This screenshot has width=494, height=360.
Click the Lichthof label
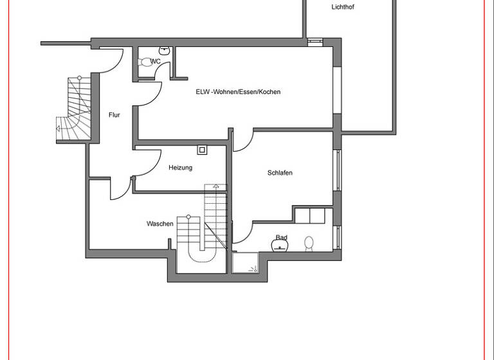[342, 8]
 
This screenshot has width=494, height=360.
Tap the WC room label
[155, 62]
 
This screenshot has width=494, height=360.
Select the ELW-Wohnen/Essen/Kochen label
[238, 92]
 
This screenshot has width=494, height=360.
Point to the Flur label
[114, 115]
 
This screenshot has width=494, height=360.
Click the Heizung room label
[180, 168]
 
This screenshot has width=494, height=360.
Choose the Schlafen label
[280, 173]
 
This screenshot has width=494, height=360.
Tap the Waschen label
[160, 224]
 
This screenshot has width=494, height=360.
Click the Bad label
[281, 238]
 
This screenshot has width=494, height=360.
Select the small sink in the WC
[165, 50]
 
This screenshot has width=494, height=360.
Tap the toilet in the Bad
[309, 243]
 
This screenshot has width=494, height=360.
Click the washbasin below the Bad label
[281, 246]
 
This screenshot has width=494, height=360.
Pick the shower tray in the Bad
[244, 262]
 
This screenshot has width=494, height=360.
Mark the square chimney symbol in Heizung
[202, 150]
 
